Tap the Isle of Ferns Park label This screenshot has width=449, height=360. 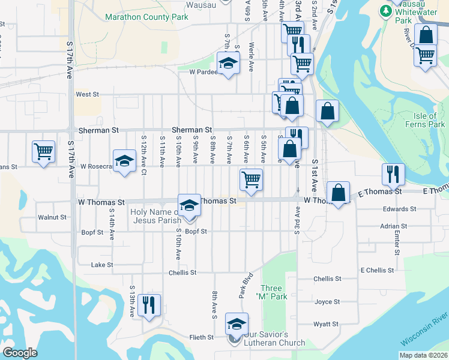(429, 120)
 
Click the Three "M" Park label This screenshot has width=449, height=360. (271, 292)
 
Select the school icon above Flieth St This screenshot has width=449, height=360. (237, 324)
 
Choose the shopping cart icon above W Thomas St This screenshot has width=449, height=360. (251, 178)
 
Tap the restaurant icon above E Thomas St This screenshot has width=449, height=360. (393, 174)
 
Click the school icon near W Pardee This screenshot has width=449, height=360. (228, 62)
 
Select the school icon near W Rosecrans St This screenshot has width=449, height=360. (125, 160)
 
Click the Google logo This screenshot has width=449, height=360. (20, 353)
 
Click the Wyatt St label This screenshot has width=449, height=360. (327, 324)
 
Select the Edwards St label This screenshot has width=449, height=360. (400, 209)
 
